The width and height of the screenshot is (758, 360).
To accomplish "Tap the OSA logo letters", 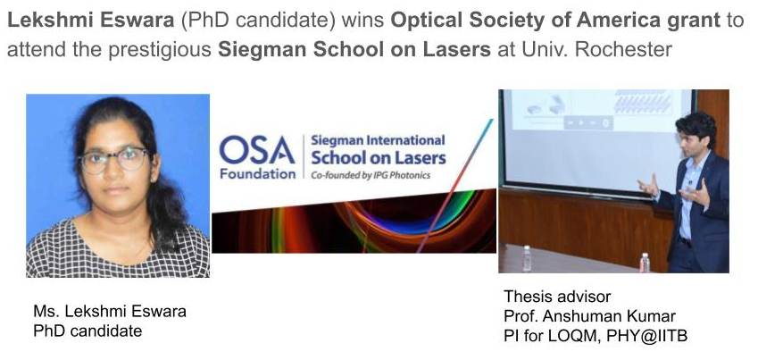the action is point(257,150).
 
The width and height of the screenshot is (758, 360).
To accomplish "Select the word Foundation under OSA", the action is point(258,173).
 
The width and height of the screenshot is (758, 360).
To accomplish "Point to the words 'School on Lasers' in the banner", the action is point(378,158).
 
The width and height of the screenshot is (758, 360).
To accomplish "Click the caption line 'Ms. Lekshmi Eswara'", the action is point(110,311).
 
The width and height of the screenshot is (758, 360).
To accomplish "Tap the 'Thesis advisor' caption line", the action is point(557,297).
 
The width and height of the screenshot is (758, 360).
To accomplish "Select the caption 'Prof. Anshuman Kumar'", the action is point(590,316).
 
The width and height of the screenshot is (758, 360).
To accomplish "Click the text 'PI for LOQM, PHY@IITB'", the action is point(596,336).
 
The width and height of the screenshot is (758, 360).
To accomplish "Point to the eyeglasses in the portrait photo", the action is point(114,160).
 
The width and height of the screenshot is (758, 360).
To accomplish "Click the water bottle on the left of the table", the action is point(527,259).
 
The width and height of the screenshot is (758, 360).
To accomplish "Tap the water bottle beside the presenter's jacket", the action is point(645,263).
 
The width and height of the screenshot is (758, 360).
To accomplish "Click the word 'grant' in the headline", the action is point(691,21).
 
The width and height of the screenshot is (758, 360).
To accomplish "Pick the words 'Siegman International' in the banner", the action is point(378,141).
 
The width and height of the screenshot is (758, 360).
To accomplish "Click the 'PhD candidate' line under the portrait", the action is point(87,331).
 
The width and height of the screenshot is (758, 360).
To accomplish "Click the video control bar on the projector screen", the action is point(588,123).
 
